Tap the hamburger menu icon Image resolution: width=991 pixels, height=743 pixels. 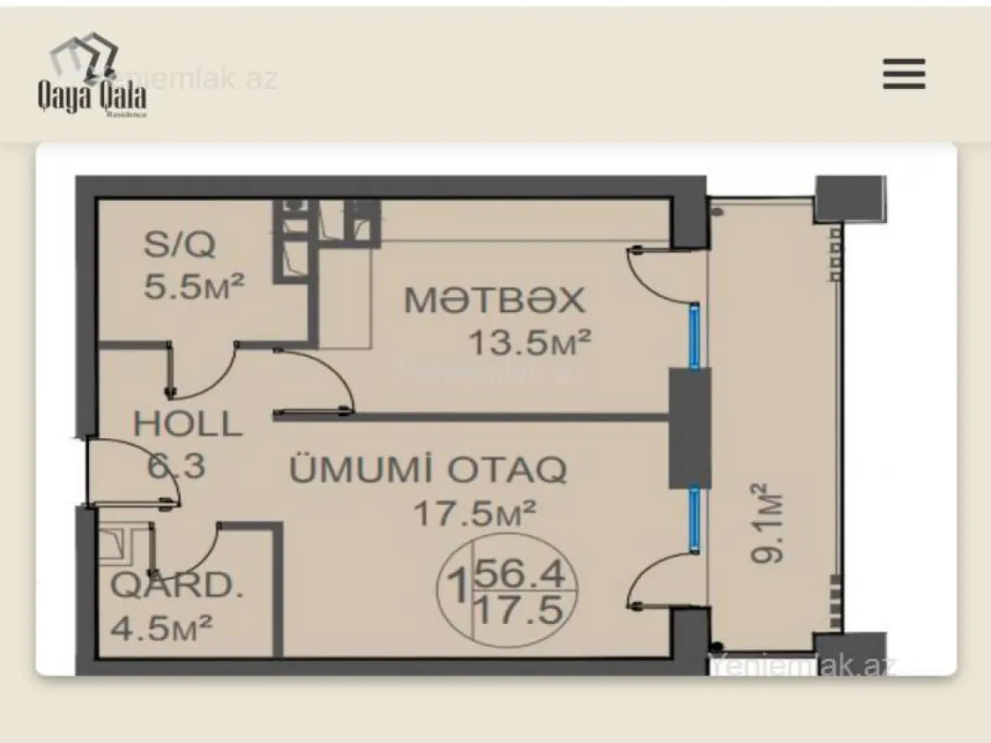point(903,73)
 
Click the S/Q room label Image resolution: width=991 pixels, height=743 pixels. point(179,244)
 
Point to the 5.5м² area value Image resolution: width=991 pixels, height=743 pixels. point(193,284)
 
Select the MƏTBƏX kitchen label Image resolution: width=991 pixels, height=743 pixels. point(494,300)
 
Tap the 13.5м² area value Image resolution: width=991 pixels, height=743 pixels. point(528,343)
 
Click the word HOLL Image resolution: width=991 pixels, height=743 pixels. point(188,424)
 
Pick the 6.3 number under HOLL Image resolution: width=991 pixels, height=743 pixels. point(176,464)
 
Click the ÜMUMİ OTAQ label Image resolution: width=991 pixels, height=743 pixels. point(428,470)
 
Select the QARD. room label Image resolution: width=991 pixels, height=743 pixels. point(173,586)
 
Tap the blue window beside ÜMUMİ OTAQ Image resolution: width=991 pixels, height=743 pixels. point(694,521)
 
